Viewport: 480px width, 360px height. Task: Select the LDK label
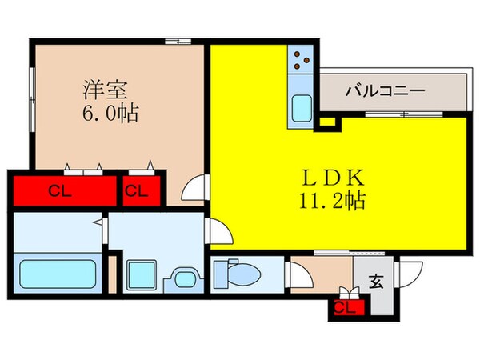coord(325,175)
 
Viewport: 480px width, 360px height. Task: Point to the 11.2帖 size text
coord(331,200)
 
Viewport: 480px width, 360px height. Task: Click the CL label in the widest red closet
coord(57,190)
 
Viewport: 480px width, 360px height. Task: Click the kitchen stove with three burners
coord(302,58)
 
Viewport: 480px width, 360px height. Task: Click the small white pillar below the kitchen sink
coord(326,122)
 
